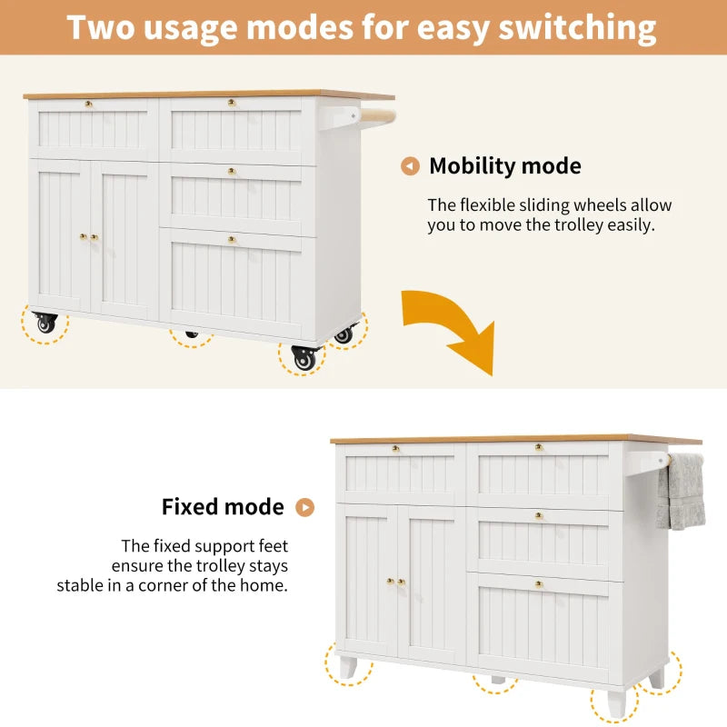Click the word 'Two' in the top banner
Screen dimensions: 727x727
pyautogui.click(x=106, y=27)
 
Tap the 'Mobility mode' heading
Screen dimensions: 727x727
pyautogui.click(x=504, y=166)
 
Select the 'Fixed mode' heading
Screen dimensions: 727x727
pyautogui.click(x=223, y=507)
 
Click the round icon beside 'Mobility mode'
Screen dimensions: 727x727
pyautogui.click(x=411, y=166)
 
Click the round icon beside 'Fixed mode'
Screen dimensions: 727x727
pyautogui.click(x=305, y=507)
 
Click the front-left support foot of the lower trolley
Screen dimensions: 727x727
pyautogui.click(x=348, y=666)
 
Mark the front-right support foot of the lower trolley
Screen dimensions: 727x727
pyautogui.click(x=615, y=701)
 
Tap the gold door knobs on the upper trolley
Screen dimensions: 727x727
pyautogui.click(x=88, y=237)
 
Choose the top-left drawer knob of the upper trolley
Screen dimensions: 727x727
pyautogui.click(x=88, y=104)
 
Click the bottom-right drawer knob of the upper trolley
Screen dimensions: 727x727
pyautogui.click(x=232, y=239)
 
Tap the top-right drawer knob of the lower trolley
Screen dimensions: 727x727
pyautogui.click(x=538, y=447)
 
